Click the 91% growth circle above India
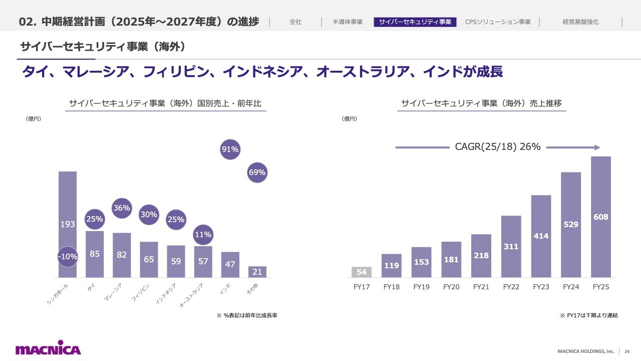pos(230,149)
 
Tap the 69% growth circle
pos(257,172)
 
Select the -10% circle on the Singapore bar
pos(68,256)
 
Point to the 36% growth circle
pos(122,208)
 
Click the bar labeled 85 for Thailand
pos(95,254)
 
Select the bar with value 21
pos(257,272)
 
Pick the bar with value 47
pos(230,264)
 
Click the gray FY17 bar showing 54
pos(362,272)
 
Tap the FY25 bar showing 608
pos(600,217)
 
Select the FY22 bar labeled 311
pos(511,246)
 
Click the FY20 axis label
pos(451,287)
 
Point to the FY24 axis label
pos(571,287)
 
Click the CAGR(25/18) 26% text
pos(498,147)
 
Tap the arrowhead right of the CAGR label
pos(597,147)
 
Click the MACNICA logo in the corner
pos(48,347)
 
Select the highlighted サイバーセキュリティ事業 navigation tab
pos(415,22)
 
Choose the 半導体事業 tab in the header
pos(348,22)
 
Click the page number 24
pos(627,351)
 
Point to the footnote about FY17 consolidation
pos(589,315)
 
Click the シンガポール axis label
pos(58,294)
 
